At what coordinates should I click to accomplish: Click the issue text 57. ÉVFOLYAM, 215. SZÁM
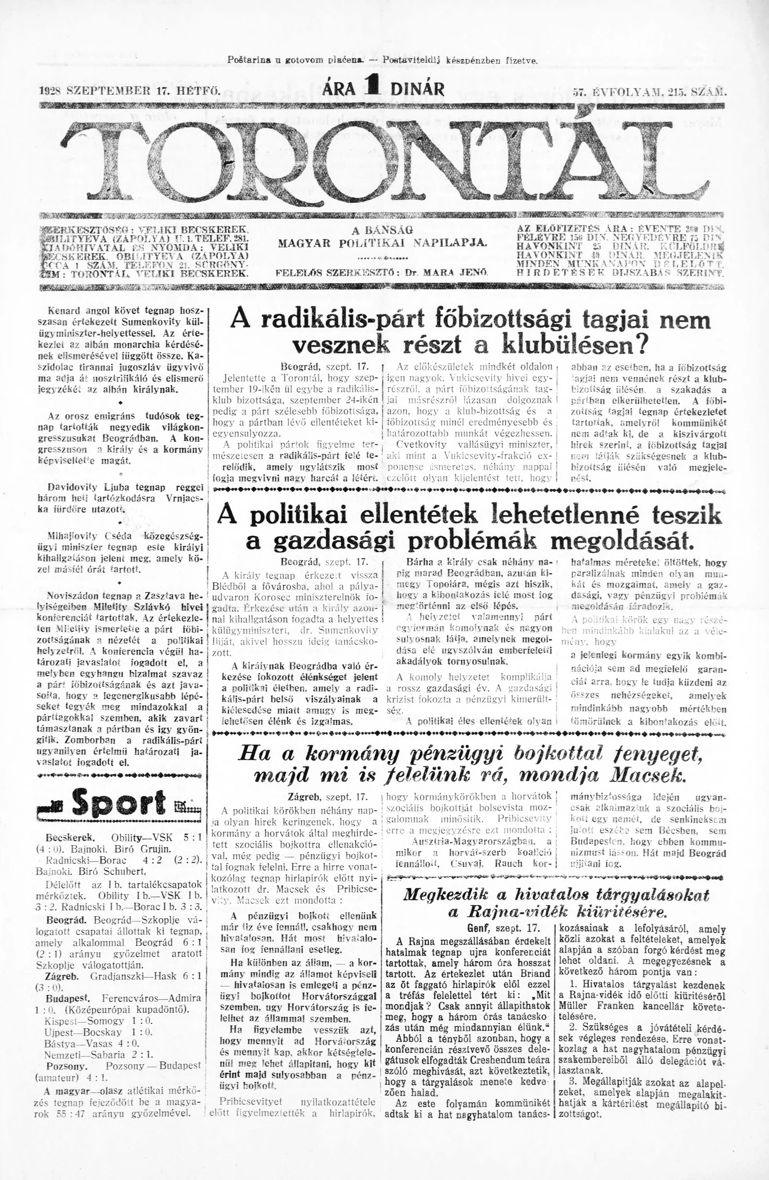(x=647, y=92)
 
